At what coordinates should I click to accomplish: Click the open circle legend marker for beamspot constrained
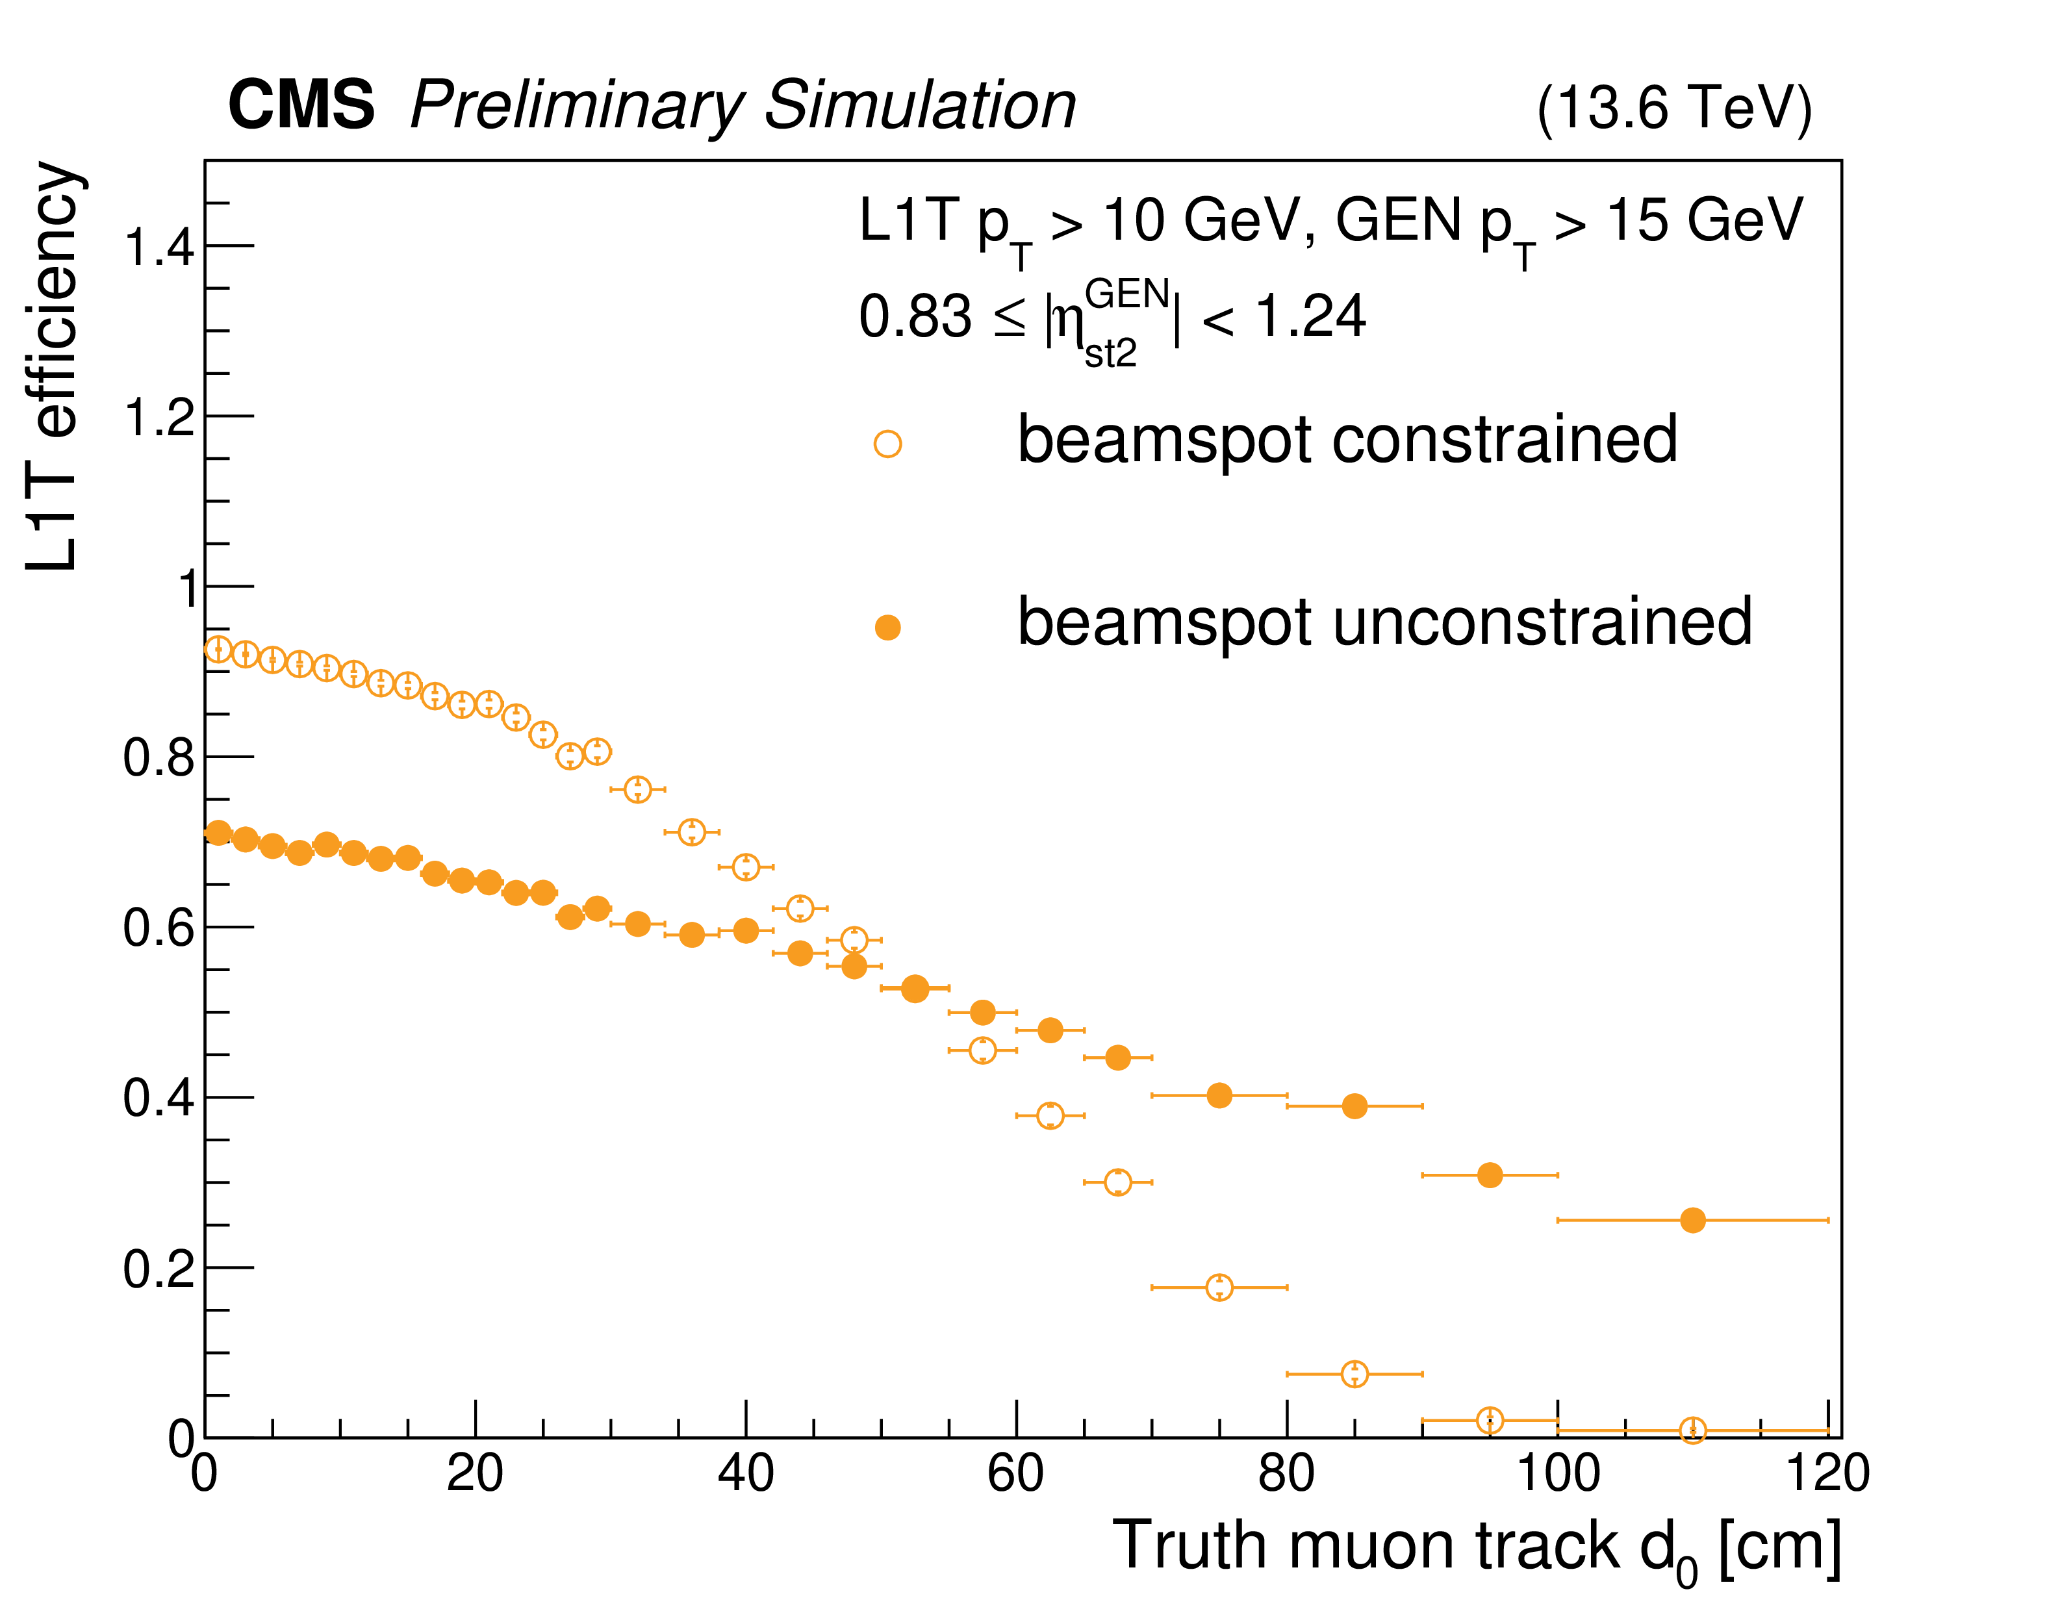[x=887, y=443]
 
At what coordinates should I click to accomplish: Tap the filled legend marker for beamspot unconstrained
[x=887, y=627]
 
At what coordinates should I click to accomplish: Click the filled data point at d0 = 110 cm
[x=1692, y=1221]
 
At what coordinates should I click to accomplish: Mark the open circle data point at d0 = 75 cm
[x=1219, y=1287]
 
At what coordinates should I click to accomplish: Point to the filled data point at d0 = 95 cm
[x=1490, y=1175]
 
